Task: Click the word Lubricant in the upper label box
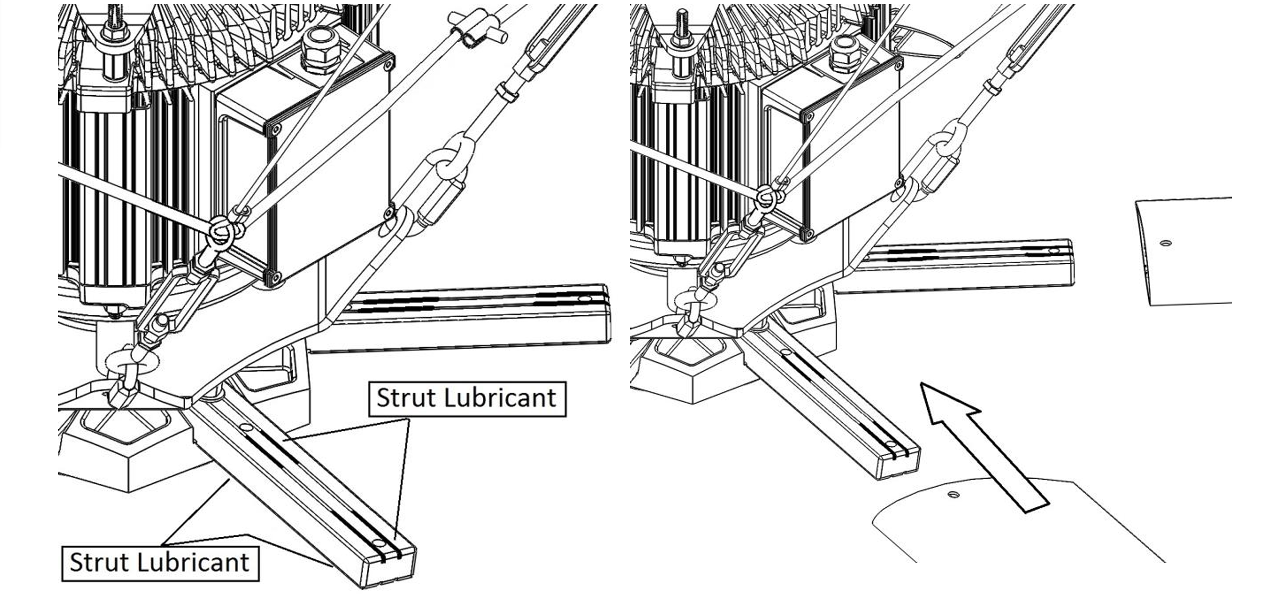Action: point(500,398)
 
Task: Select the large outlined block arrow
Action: point(983,446)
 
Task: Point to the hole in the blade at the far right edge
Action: point(1166,243)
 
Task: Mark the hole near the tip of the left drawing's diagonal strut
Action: point(378,543)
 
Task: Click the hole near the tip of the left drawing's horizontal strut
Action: point(584,299)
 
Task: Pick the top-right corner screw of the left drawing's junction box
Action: point(388,62)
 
